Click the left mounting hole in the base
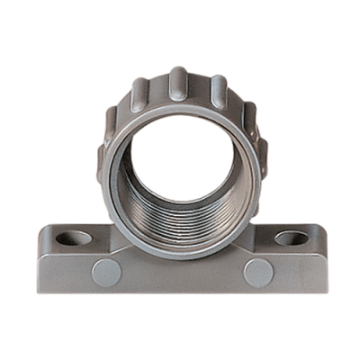coord(74,239)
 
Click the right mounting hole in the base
coord(291,238)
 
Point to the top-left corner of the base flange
coord(43,230)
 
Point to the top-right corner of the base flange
coord(320,229)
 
